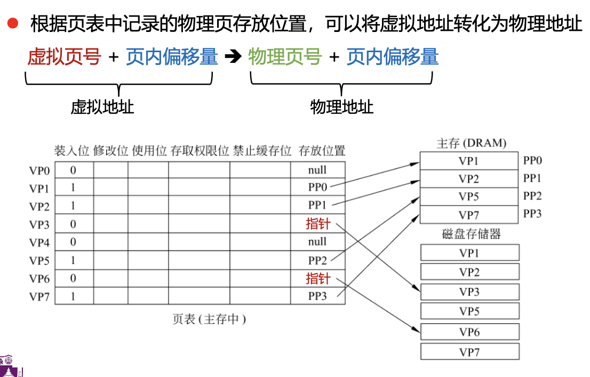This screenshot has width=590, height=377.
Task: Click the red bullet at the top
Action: click(x=12, y=23)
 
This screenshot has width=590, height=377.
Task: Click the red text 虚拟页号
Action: click(x=64, y=56)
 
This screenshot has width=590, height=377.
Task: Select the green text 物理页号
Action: click(x=285, y=56)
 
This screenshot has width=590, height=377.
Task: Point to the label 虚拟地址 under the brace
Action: click(x=102, y=107)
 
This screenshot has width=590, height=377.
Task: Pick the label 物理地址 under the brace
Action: click(x=342, y=107)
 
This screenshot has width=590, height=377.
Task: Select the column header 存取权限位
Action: click(x=200, y=151)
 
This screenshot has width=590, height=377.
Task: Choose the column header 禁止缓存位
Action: click(x=261, y=151)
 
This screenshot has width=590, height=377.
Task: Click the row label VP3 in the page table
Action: click(x=39, y=224)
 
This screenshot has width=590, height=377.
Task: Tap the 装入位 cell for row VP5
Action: click(x=74, y=260)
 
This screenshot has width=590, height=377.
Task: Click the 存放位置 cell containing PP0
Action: click(x=317, y=187)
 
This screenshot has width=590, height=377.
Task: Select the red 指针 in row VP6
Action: click(x=318, y=278)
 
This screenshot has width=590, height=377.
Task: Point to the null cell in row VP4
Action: click(x=317, y=242)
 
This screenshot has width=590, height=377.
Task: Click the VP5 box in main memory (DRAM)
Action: click(x=468, y=196)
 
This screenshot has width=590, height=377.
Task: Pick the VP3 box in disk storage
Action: click(x=469, y=292)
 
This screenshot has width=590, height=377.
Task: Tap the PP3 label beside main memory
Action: click(x=532, y=214)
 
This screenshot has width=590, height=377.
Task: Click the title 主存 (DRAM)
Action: click(x=471, y=143)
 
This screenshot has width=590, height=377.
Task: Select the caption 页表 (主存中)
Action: click(x=209, y=319)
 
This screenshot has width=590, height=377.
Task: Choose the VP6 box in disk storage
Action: click(x=469, y=332)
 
